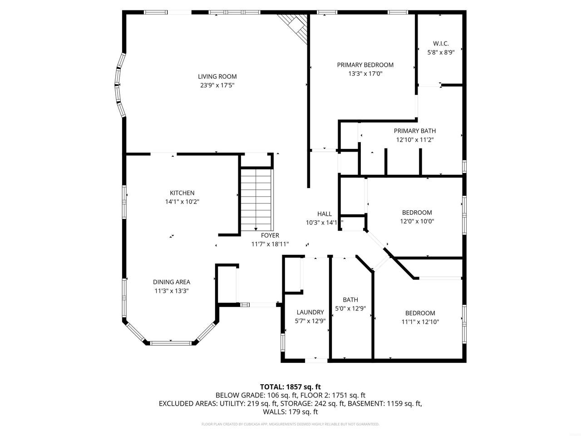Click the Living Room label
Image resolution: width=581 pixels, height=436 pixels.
(217, 76)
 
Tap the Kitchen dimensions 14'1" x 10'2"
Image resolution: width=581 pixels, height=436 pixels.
(182, 202)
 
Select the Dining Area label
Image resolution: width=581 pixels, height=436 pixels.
(172, 282)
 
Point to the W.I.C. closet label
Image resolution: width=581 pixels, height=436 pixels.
(441, 44)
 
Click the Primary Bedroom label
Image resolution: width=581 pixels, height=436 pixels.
(365, 65)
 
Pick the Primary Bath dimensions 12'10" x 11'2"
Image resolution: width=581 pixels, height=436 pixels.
(414, 140)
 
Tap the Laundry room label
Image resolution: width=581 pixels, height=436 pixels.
(310, 312)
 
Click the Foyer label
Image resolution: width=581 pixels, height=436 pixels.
(270, 235)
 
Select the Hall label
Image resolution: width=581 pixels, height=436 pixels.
(324, 214)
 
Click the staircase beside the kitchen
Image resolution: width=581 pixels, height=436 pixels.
(256, 200)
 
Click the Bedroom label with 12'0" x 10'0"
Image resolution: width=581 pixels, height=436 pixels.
(417, 213)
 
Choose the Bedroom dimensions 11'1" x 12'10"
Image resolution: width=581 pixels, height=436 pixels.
(420, 322)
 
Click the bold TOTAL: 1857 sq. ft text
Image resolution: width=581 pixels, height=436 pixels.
(290, 387)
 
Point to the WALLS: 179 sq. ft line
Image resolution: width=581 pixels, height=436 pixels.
(290, 412)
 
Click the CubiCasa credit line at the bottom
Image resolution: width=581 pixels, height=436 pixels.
(290, 424)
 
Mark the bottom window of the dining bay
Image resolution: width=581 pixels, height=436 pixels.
(171, 343)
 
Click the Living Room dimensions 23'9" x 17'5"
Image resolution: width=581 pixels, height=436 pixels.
(217, 85)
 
